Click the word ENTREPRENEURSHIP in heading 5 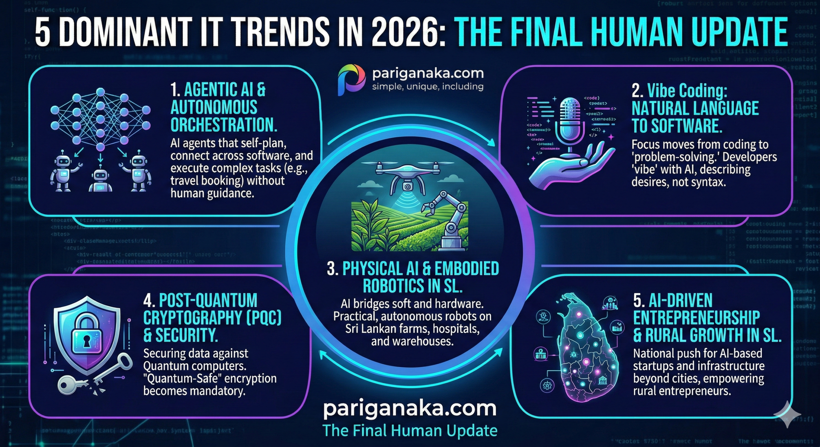tap(696, 318)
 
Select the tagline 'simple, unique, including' tap(428, 87)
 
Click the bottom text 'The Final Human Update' tap(410, 431)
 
